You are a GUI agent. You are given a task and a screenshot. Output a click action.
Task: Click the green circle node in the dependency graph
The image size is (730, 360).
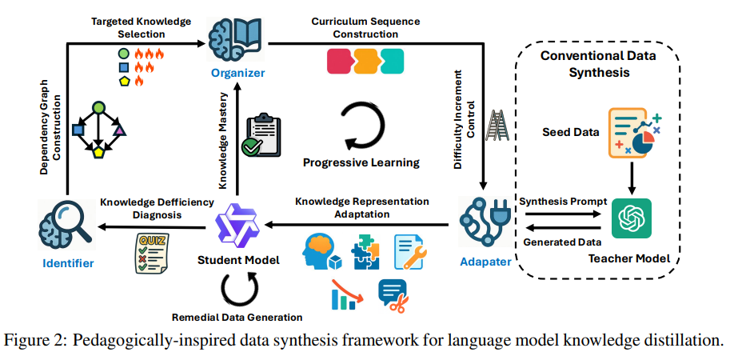tap(99, 106)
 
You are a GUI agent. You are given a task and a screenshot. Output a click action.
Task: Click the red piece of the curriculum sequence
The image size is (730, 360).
tap(341, 60)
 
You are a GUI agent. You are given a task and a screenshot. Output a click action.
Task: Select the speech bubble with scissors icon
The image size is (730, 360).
tap(393, 294)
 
